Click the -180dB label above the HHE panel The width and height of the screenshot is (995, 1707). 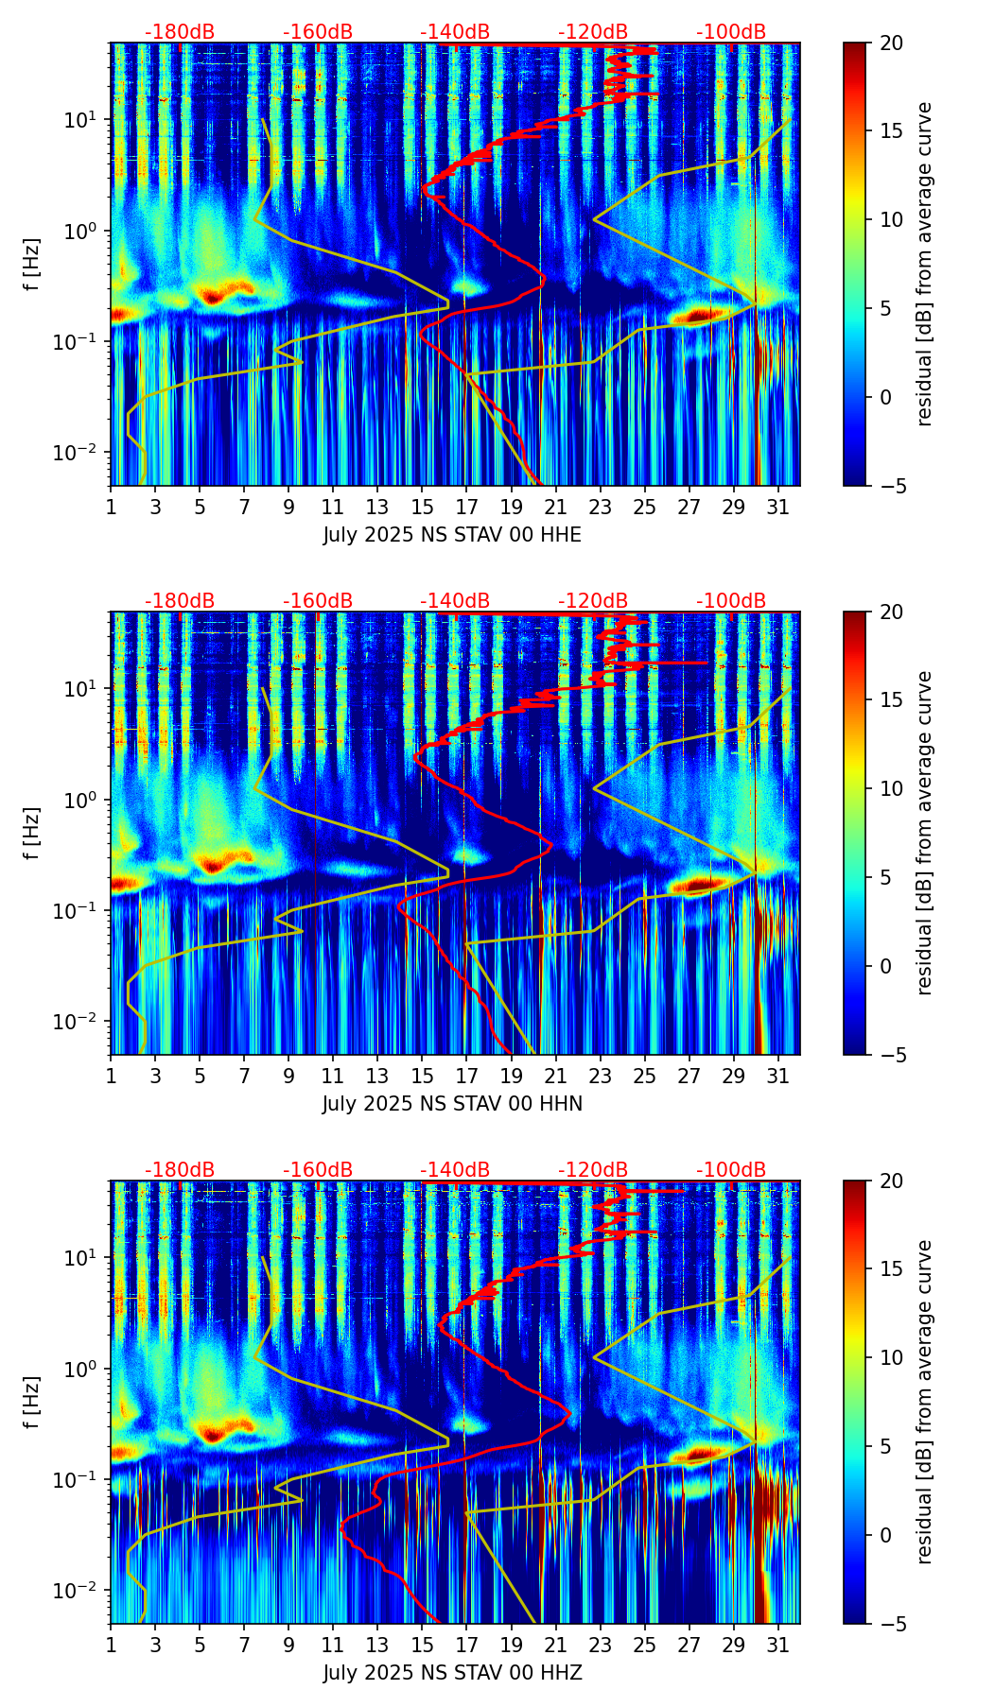point(180,32)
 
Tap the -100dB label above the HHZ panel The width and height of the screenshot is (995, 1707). point(731,1170)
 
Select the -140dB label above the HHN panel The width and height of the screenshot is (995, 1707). point(455,601)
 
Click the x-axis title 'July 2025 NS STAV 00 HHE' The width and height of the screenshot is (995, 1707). point(452,535)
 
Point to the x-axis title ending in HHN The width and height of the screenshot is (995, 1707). point(452,1104)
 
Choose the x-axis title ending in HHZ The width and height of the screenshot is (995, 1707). point(452,1673)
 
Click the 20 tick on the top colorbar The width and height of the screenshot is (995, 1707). point(891,43)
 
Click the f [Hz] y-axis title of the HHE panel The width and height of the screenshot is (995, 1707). point(32,264)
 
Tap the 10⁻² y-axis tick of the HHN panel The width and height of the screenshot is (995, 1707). point(79,1021)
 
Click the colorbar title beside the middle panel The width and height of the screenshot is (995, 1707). point(925,833)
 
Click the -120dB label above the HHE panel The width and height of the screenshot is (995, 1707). point(593,32)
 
